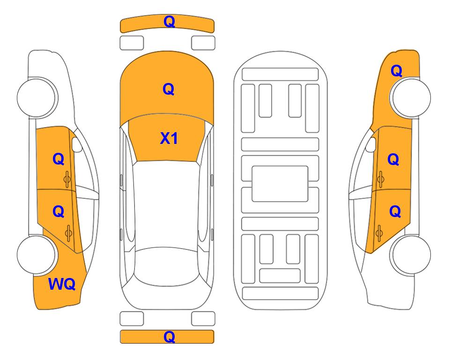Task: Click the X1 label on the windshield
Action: pyautogui.click(x=169, y=138)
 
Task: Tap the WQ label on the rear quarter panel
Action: pyautogui.click(x=62, y=284)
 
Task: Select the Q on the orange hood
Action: pyautogui.click(x=169, y=89)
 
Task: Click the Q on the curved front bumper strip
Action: pyautogui.click(x=169, y=22)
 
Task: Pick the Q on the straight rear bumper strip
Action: pyautogui.click(x=169, y=337)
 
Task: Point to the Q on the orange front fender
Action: pyautogui.click(x=396, y=71)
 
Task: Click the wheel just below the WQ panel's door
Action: pyautogui.click(x=36, y=255)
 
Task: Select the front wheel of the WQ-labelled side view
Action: pyautogui.click(x=36, y=97)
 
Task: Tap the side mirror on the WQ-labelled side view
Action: pyautogui.click(x=76, y=144)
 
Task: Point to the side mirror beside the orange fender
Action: pyautogui.click(x=371, y=144)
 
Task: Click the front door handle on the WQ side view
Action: pyautogui.click(x=67, y=179)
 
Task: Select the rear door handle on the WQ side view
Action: pyautogui.click(x=68, y=233)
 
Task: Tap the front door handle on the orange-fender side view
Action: pyautogui.click(x=381, y=179)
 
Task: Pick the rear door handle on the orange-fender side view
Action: pyautogui.click(x=379, y=233)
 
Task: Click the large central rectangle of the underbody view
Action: pyautogui.click(x=280, y=184)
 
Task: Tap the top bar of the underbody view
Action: pyautogui.click(x=280, y=75)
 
